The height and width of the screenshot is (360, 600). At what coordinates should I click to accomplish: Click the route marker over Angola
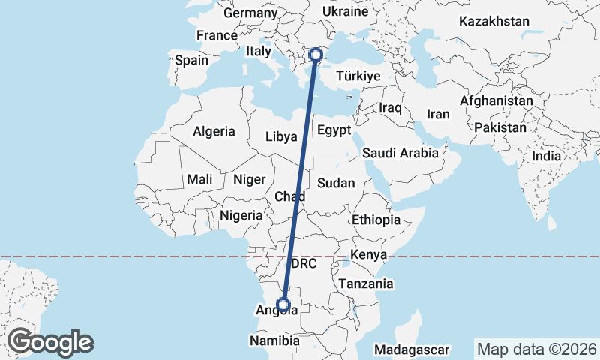pos(283,304)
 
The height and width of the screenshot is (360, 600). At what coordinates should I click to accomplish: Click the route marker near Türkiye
pos(316,54)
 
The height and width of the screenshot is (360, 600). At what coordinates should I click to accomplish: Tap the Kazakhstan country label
pos(495,21)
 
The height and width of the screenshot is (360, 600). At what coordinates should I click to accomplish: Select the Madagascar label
pos(412,349)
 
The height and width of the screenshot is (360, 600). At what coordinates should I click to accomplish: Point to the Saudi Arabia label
pos(400,153)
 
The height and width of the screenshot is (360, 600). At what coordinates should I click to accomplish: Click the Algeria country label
pos(214,131)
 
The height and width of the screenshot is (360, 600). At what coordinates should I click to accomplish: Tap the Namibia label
pos(274,340)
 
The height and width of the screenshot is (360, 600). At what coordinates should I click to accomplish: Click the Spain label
pos(191,61)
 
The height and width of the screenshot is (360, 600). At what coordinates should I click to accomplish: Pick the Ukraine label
pos(345,12)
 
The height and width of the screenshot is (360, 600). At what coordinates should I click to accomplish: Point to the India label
pos(546,157)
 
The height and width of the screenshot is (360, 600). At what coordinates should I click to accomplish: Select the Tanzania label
pos(366,283)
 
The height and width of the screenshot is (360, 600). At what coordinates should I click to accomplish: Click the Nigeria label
pos(241,215)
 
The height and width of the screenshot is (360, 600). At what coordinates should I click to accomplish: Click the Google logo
pos(51,341)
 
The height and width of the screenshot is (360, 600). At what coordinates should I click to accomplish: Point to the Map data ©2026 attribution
pos(537,349)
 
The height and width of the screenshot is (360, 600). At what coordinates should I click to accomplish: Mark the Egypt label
pos(334,130)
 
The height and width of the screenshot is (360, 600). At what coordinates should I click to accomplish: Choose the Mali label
pos(200,179)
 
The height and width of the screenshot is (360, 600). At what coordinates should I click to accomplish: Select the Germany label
pos(250,13)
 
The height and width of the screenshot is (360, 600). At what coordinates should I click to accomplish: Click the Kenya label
pos(368,254)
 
